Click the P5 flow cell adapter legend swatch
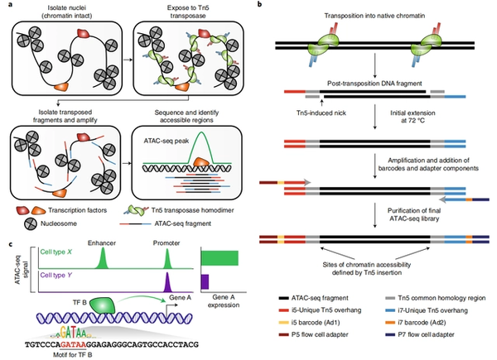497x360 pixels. click(x=273, y=328)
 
